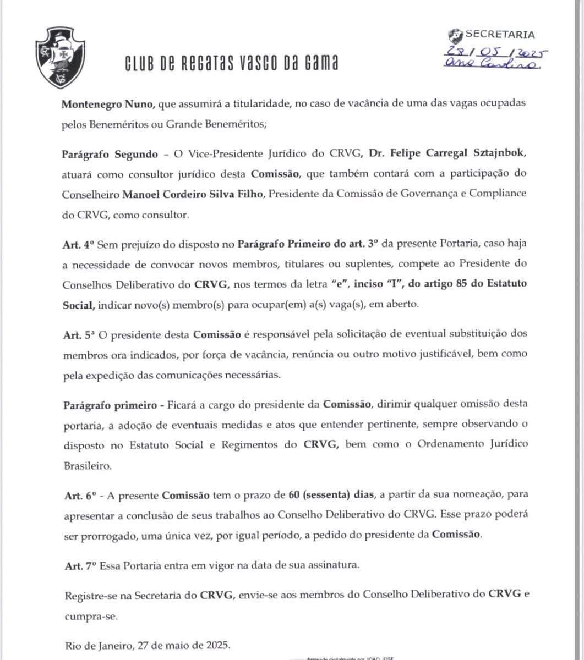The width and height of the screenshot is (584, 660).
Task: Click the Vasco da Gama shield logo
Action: point(56,55)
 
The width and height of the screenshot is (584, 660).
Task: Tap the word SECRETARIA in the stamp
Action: point(499,35)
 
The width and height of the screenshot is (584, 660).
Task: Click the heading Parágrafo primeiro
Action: point(107,404)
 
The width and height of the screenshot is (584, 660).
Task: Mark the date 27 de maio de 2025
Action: point(181,645)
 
